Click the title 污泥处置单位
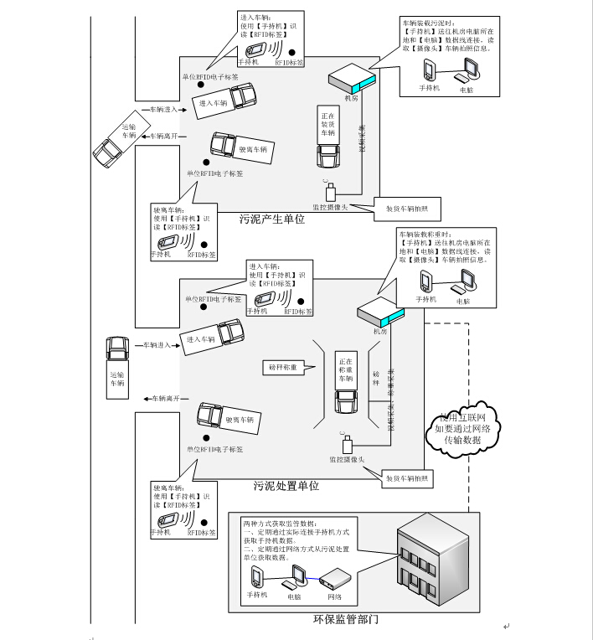(286, 486)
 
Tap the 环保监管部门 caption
(344, 621)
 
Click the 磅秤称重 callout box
(284, 366)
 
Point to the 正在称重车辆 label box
(346, 369)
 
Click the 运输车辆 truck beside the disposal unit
(116, 363)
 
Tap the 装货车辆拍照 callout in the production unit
(406, 209)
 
